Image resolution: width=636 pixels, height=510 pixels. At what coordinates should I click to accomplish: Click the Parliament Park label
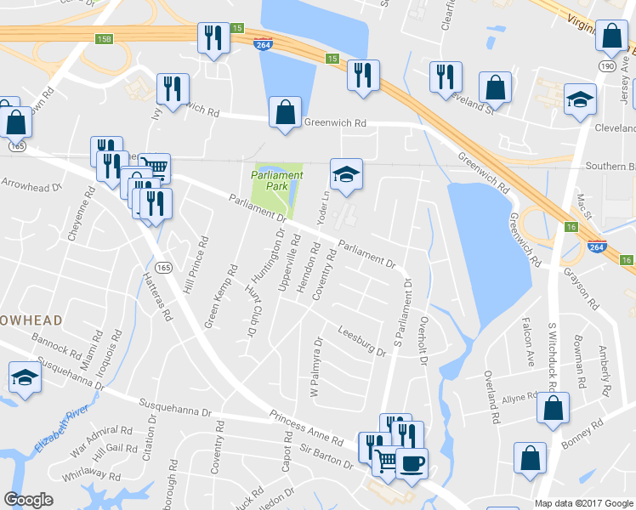coord(276,179)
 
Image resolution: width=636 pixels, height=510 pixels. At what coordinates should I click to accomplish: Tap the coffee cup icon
coord(412,463)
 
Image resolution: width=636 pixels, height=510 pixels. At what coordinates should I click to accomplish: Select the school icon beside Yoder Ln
coord(346,174)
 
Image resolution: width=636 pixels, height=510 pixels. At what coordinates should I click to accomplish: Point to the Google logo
coord(28,500)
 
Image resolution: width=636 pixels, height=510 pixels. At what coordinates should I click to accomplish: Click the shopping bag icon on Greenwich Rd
coord(285,113)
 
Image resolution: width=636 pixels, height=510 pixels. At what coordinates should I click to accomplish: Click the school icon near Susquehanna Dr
coord(25,378)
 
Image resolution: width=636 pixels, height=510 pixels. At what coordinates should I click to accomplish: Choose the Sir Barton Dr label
coord(325,459)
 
